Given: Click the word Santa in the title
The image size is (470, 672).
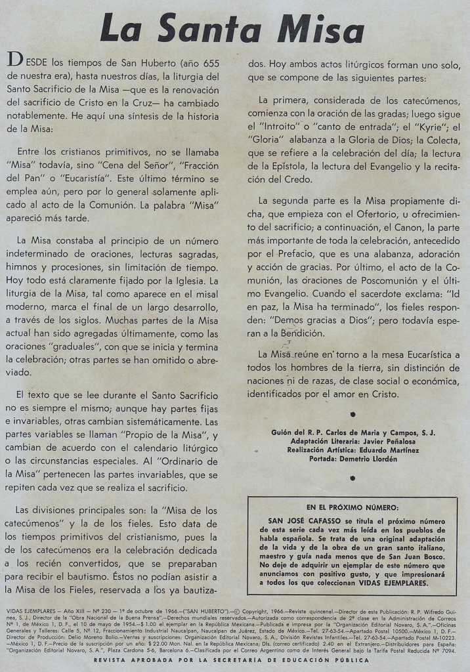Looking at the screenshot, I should click(209, 30).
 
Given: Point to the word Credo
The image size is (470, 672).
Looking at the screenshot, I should click(297, 179).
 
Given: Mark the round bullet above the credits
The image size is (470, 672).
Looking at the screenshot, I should click(352, 414).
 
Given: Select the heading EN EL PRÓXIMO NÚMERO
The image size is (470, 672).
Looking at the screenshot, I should click(352, 507).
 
